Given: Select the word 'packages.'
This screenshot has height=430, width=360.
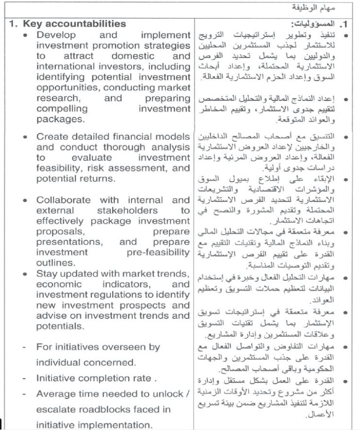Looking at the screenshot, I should click(x=60, y=119).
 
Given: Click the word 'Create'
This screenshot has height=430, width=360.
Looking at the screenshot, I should click(x=51, y=137).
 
